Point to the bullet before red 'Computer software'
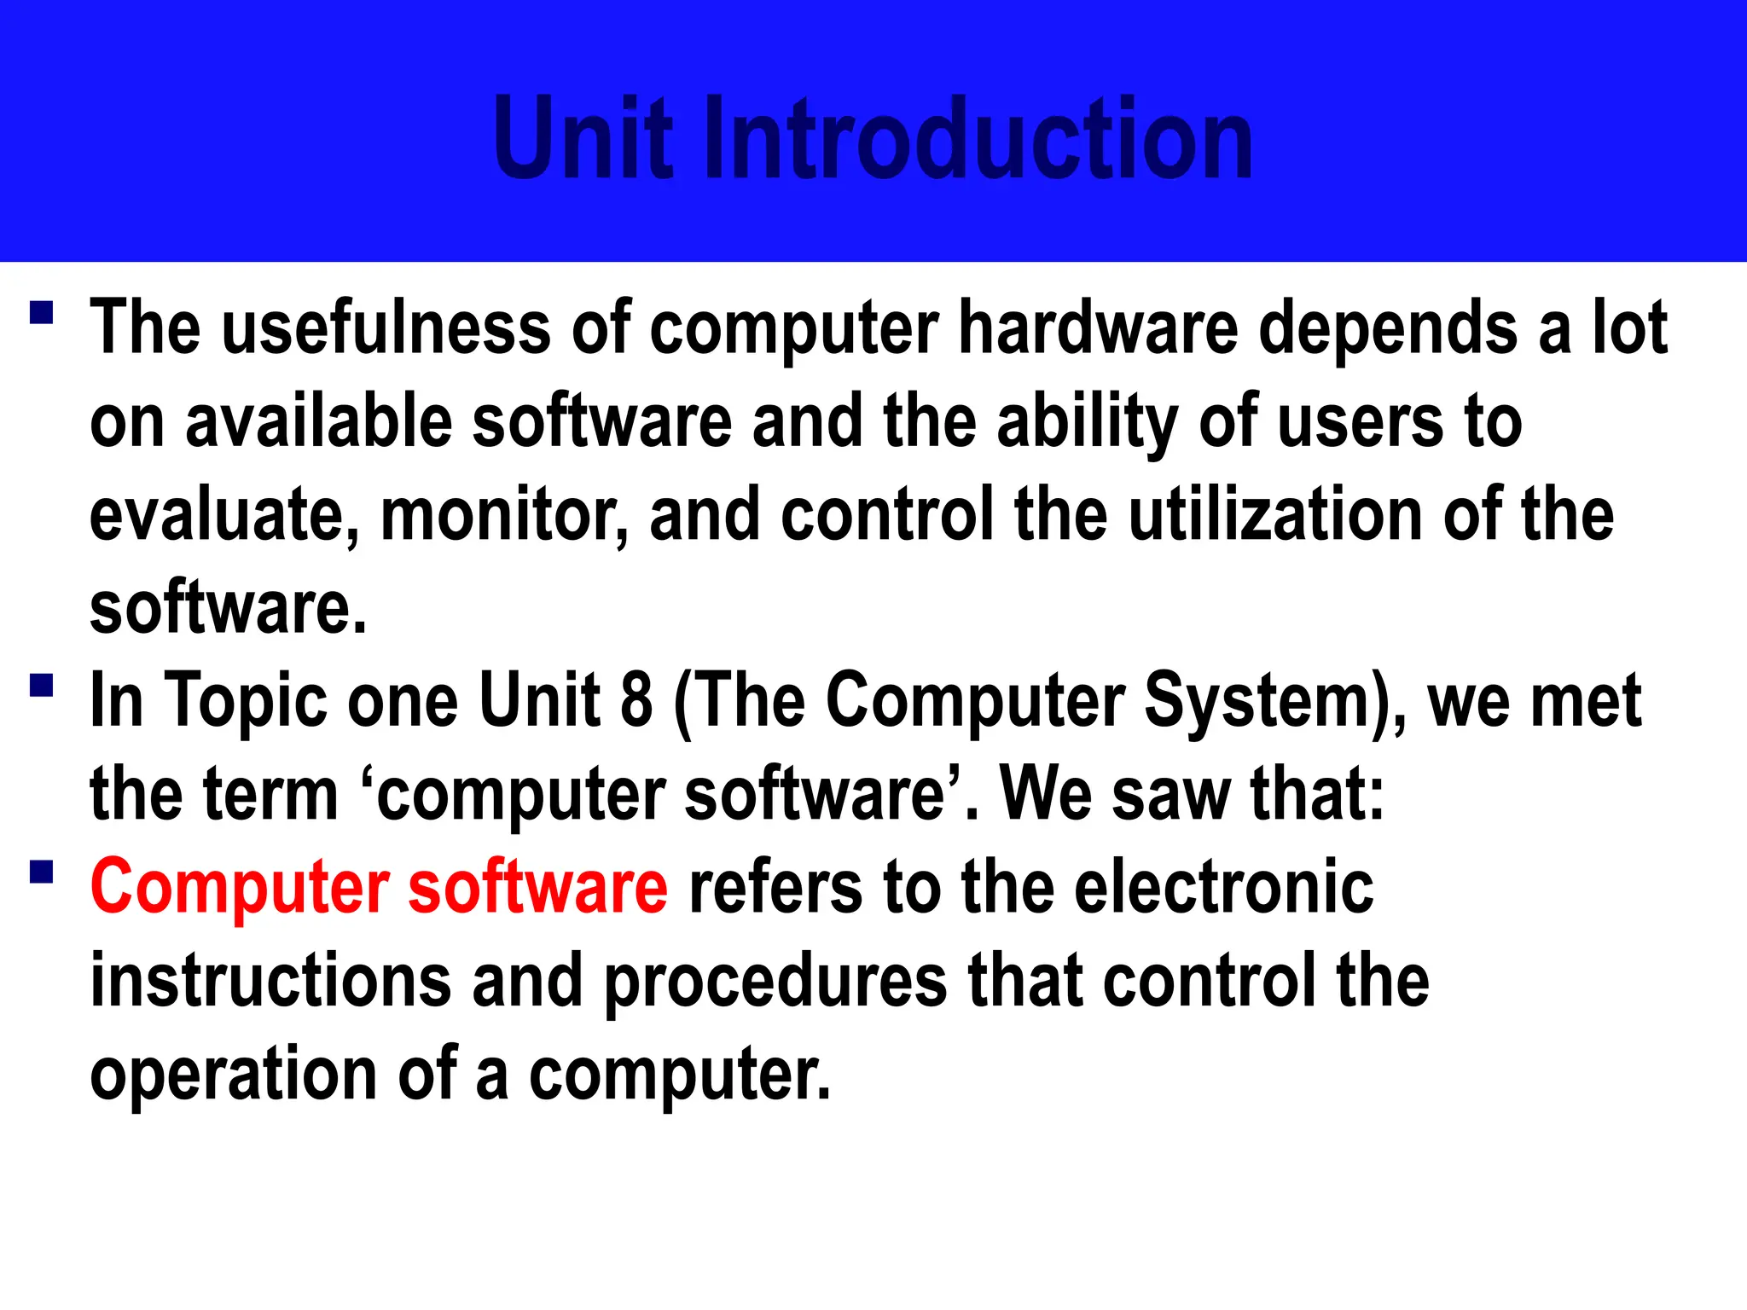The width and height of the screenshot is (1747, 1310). click(x=41, y=872)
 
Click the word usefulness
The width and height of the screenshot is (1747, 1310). click(x=386, y=328)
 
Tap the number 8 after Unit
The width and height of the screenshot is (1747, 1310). click(x=636, y=701)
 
